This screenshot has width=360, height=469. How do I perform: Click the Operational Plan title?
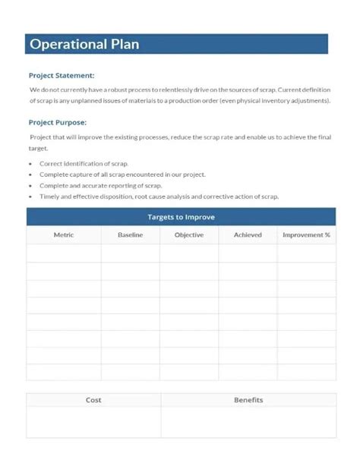click(84, 44)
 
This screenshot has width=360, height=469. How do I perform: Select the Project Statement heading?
click(62, 75)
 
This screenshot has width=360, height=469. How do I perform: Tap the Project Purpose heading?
click(58, 122)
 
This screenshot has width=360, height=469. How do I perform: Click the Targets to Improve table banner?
click(181, 217)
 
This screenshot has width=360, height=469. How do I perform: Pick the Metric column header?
click(64, 235)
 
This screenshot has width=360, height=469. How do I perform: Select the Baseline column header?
click(131, 235)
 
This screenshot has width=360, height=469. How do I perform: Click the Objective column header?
click(189, 235)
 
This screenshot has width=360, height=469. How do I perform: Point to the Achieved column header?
click(248, 235)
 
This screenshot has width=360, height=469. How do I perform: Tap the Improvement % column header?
click(306, 235)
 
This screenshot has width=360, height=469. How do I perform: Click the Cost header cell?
click(93, 400)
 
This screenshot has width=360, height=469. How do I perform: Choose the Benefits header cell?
click(248, 400)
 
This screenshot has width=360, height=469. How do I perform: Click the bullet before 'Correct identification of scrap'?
click(31, 164)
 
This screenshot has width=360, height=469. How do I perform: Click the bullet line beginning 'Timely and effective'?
click(159, 197)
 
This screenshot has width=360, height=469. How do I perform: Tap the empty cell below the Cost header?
click(93, 422)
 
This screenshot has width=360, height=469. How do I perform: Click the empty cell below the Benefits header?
click(248, 422)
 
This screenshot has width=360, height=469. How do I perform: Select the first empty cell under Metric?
click(64, 253)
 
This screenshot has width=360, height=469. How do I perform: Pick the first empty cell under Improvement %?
click(306, 253)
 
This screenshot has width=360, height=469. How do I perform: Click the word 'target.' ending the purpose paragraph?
click(38, 149)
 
